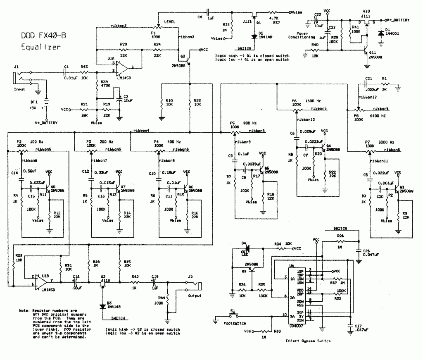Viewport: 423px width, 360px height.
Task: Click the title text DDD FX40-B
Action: [43, 36]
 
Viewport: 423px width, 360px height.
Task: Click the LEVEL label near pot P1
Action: [170, 21]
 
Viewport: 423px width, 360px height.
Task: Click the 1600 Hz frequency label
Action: [313, 100]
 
